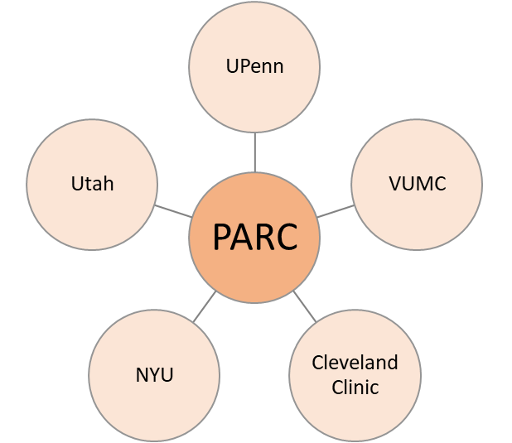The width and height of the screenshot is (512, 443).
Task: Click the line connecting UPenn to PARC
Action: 254,152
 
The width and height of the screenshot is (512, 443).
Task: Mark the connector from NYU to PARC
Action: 204,306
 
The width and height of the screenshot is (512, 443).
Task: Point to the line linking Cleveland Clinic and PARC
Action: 305,306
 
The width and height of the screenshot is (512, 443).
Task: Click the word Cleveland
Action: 355,363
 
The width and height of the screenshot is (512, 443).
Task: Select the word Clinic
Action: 355,386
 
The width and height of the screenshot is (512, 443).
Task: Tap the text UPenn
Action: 254,66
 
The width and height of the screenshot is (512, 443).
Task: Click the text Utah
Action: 92,184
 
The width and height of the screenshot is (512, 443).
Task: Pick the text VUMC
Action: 417,184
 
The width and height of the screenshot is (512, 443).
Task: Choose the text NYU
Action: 154,374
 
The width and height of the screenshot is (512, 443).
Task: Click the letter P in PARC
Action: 222,238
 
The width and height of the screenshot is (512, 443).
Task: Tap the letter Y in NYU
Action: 154,374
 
